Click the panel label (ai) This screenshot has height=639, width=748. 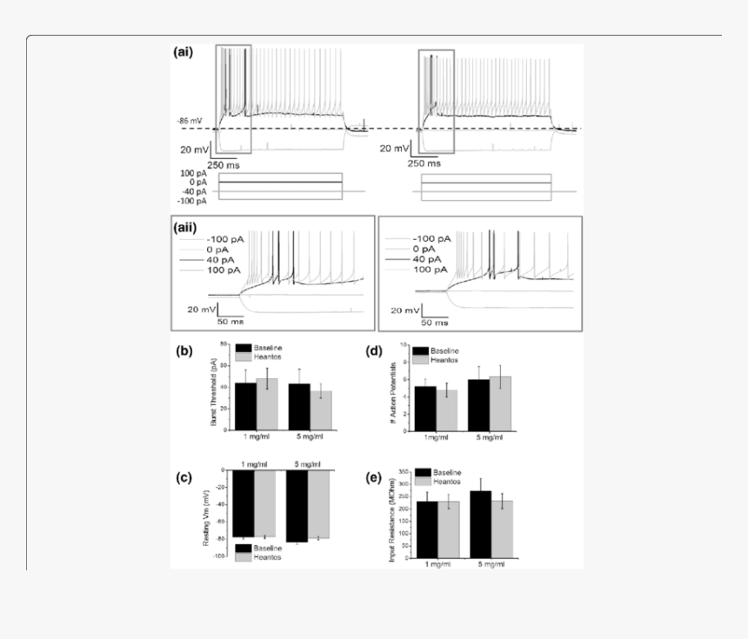coord(184,51)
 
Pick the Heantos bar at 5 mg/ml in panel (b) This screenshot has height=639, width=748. coord(320,409)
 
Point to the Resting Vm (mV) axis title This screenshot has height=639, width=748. coord(206,518)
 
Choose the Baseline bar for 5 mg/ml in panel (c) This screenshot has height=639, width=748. coord(297,505)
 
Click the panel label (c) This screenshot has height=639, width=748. coord(184,477)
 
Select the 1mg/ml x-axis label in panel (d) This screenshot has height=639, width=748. coord(437,436)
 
